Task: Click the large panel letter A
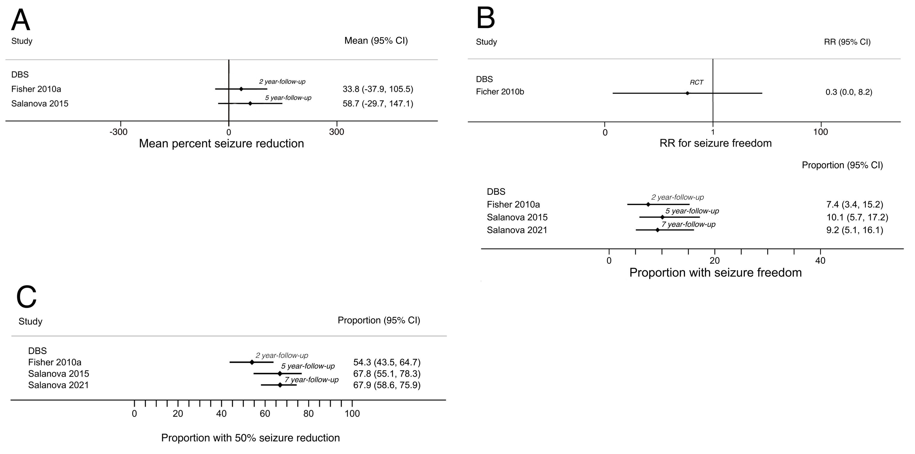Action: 21,21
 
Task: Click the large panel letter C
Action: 27,297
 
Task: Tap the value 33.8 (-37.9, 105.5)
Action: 378,89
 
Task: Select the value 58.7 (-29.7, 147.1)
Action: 378,104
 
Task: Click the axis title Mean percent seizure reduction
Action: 221,143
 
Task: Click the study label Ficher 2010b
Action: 500,92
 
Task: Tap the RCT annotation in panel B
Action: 696,82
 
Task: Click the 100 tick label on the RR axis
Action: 820,132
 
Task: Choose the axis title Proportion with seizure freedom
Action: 715,273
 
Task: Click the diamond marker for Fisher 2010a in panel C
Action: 252,362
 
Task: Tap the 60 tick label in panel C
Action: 265,414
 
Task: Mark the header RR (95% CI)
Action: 847,42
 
